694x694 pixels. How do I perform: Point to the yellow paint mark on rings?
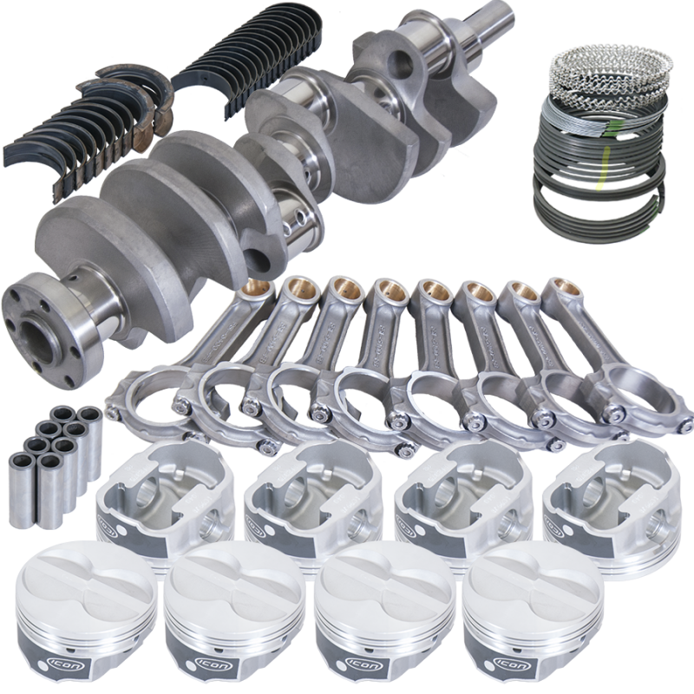[x=599, y=184]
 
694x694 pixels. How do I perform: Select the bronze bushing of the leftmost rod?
[x=257, y=287]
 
